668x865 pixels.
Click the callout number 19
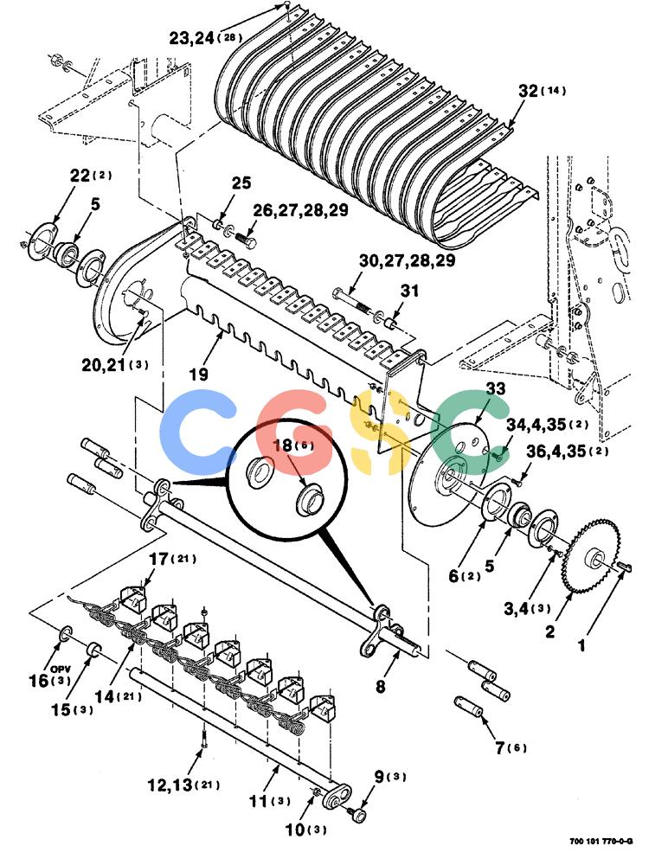click(199, 375)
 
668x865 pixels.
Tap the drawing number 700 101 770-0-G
click(601, 842)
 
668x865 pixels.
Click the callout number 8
click(381, 687)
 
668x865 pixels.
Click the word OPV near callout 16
click(60, 669)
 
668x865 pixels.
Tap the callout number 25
click(241, 183)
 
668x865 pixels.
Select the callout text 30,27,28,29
click(408, 260)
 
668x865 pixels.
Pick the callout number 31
click(409, 291)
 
